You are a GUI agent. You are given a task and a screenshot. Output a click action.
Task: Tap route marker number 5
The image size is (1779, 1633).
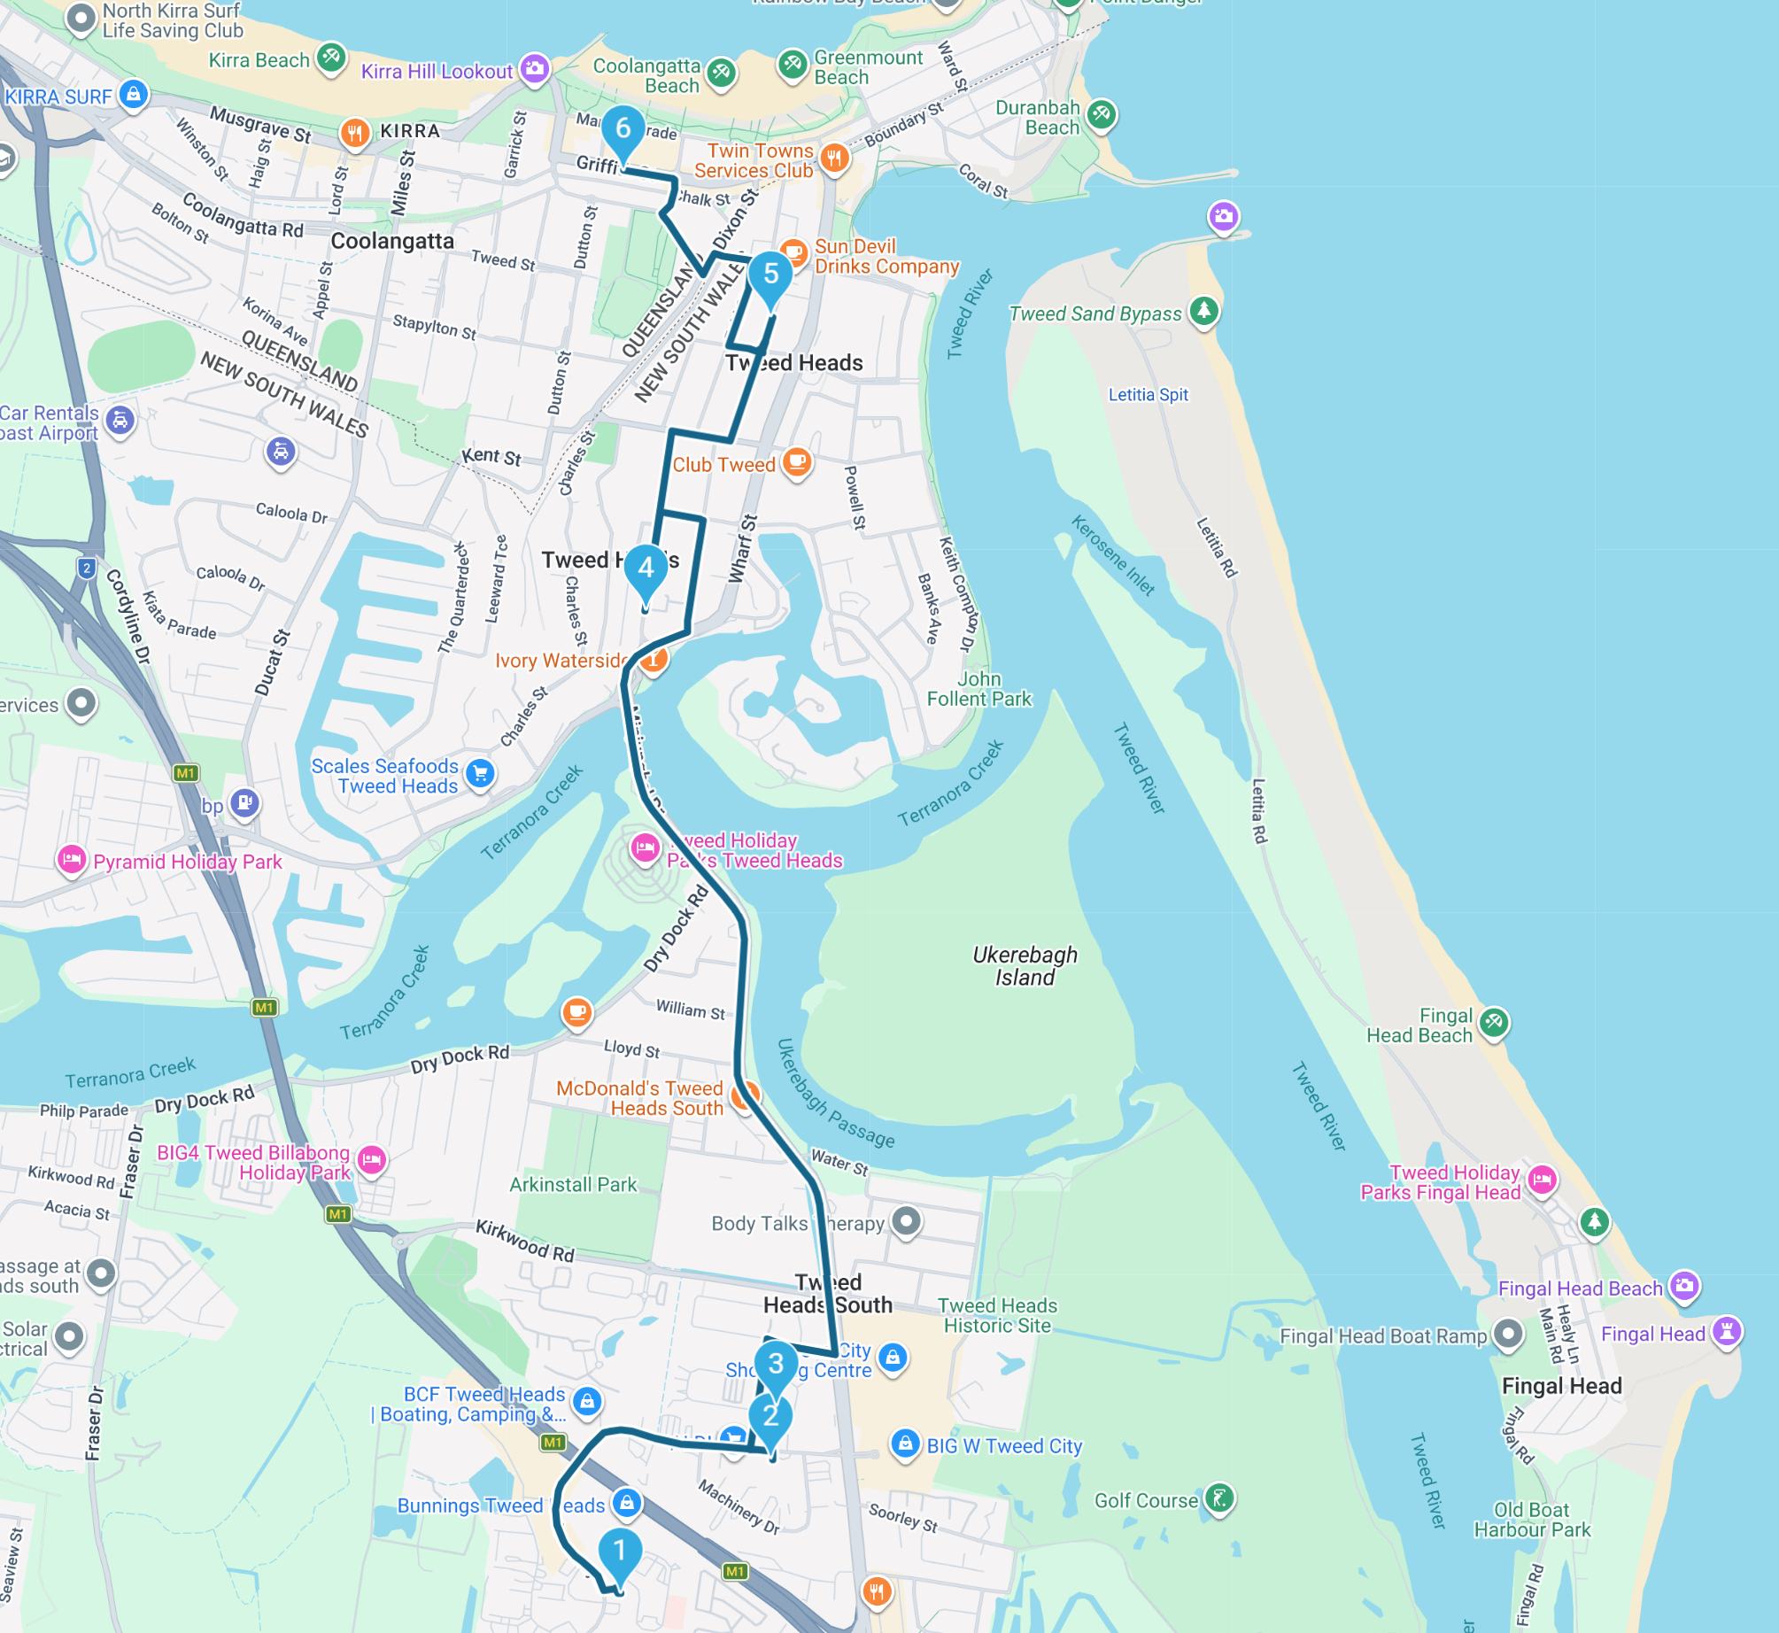(x=770, y=275)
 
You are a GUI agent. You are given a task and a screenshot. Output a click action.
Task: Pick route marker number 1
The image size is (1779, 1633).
(x=620, y=1550)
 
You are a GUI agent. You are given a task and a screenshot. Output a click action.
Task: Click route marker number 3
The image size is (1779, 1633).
(x=776, y=1364)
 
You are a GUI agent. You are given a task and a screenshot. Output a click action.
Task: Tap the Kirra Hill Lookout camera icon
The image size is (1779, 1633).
(x=534, y=69)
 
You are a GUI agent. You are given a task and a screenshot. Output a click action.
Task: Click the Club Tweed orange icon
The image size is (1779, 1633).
(x=797, y=461)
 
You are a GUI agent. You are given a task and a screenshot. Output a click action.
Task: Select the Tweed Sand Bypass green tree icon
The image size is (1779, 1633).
(x=1203, y=311)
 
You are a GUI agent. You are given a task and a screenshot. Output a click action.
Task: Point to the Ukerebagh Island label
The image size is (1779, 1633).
(x=1025, y=966)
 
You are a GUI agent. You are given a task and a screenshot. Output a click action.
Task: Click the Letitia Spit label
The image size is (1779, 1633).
(x=1148, y=395)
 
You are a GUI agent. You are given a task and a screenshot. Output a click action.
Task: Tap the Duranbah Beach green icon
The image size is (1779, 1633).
(x=1101, y=114)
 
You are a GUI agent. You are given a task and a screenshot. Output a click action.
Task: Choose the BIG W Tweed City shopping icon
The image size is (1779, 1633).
(x=904, y=1444)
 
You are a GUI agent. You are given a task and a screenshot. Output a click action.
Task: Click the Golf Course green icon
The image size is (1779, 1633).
(x=1219, y=1498)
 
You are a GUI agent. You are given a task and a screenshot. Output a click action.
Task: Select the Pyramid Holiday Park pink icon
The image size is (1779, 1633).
(x=71, y=859)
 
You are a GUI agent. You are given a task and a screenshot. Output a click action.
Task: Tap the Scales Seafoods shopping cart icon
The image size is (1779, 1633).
(x=480, y=774)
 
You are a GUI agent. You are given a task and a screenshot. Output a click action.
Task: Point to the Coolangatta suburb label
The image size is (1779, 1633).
(x=391, y=241)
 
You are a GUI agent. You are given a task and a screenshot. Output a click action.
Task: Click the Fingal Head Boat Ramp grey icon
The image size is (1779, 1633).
(x=1507, y=1333)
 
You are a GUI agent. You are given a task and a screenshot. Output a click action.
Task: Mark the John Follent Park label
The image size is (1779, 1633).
(x=978, y=689)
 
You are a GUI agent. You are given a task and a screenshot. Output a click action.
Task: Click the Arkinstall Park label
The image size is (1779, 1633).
(x=573, y=1184)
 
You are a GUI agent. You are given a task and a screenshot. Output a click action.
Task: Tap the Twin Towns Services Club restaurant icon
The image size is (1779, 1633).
(x=833, y=159)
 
